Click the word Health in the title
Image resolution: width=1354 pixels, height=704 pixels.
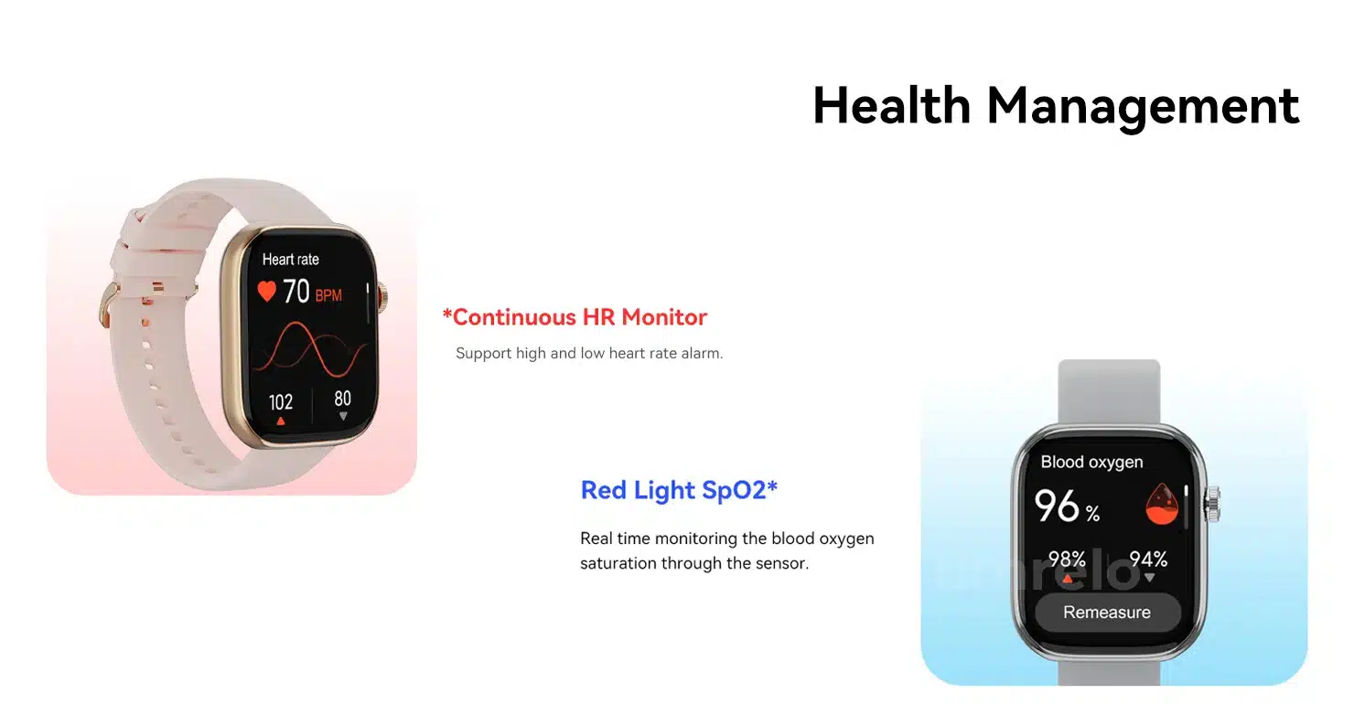point(892,105)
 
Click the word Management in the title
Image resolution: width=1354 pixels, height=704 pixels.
point(1143,108)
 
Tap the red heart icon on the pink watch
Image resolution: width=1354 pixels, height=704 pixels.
point(266,292)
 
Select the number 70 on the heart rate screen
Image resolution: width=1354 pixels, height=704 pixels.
point(296,292)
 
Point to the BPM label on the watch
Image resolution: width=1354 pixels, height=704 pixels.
point(328,295)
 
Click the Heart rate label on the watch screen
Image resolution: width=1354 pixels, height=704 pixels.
point(290,260)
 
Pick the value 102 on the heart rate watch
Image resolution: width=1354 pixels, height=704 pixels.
point(281,402)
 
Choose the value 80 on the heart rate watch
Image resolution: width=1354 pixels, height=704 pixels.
point(342,399)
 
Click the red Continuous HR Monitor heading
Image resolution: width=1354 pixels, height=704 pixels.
point(575,317)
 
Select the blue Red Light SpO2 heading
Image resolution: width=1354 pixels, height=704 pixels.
point(679,490)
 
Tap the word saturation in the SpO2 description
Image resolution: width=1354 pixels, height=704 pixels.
point(618,563)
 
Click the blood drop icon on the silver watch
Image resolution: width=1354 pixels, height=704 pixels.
point(1162,504)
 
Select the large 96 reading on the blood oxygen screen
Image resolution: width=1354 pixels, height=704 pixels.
point(1056,506)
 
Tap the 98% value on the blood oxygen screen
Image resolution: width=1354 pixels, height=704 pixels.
point(1067,559)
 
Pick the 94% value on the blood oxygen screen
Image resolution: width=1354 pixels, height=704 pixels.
point(1148,559)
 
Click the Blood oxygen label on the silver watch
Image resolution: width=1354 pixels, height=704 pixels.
point(1091,463)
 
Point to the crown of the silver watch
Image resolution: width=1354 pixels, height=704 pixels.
point(1212,504)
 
